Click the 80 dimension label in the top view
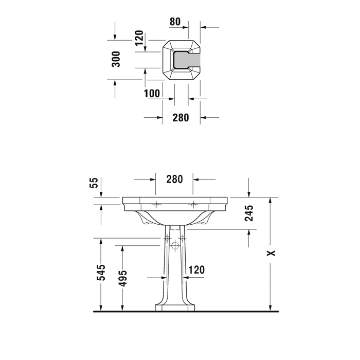point(175,22)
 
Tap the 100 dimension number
point(152,93)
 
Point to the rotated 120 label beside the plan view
point(139,38)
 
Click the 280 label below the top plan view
point(181,118)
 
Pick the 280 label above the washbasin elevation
point(174,179)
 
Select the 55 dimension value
point(94,184)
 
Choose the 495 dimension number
point(122,278)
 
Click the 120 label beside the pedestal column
point(196,269)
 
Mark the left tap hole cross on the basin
point(156,204)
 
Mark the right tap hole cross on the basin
point(193,204)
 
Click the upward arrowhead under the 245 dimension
point(249,233)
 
